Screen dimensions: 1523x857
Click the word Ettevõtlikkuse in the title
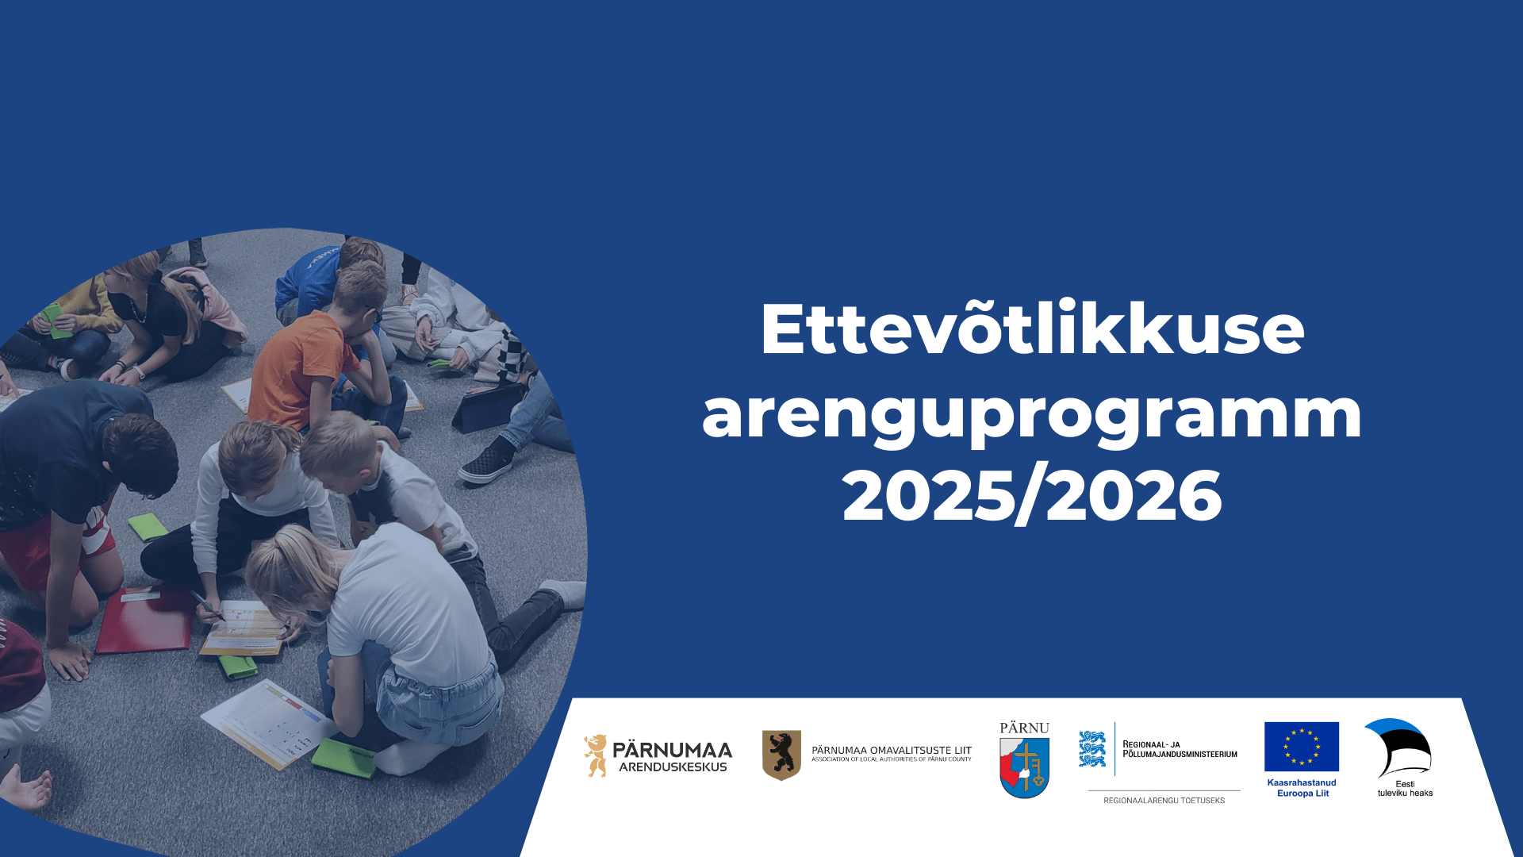point(1032,329)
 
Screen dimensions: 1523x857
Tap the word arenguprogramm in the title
point(1032,414)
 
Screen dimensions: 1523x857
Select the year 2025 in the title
point(929,495)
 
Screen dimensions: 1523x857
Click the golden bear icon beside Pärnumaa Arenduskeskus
point(596,755)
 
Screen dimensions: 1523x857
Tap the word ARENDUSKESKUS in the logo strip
point(673,767)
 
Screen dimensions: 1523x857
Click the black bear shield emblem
point(781,755)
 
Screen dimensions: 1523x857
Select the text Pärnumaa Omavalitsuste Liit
point(891,750)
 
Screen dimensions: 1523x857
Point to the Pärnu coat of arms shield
point(1024,767)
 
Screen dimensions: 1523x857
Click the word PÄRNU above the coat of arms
point(1024,728)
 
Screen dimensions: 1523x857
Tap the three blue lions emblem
point(1092,748)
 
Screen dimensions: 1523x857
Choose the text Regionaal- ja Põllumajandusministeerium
point(1180,749)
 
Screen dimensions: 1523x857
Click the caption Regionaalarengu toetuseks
point(1164,801)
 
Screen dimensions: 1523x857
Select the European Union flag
point(1302,747)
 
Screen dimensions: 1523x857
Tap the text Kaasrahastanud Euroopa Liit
point(1302,788)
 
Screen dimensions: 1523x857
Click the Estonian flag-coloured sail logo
point(1399,747)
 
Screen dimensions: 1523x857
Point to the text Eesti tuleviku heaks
point(1405,788)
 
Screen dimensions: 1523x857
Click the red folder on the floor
point(145,620)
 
